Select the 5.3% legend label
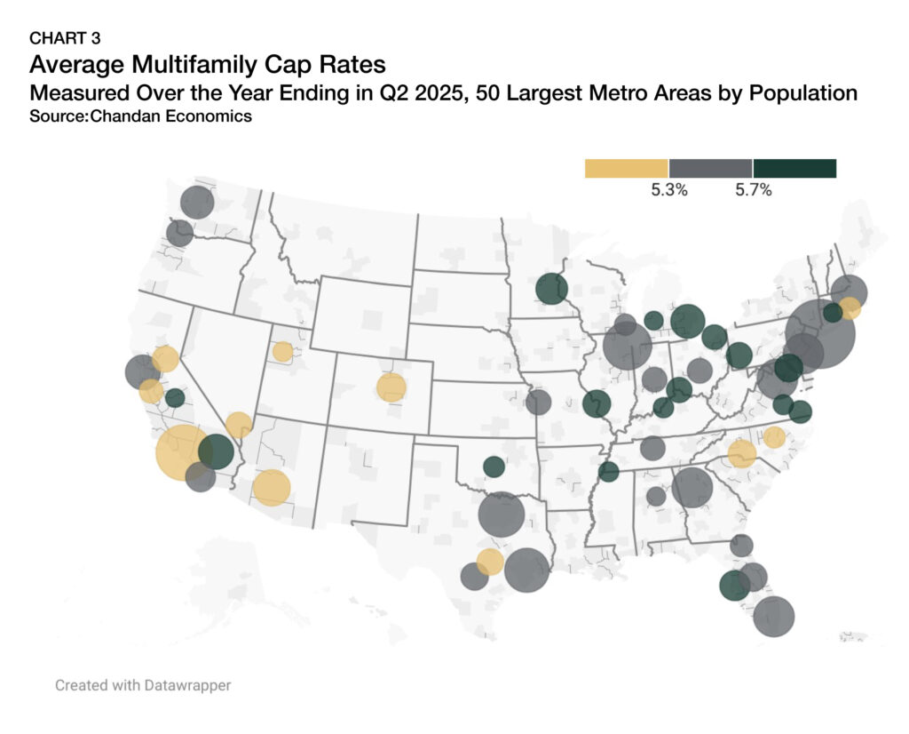click(x=669, y=190)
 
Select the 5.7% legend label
click(x=753, y=190)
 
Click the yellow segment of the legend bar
click(x=626, y=169)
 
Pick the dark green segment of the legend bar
click(x=794, y=169)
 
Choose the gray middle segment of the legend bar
click(x=710, y=169)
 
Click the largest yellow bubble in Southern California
click(x=184, y=452)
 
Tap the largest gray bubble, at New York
click(x=819, y=332)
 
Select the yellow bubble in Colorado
click(x=391, y=387)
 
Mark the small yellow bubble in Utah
click(x=282, y=352)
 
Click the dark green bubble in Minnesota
click(x=551, y=288)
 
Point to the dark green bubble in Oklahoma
click(x=494, y=467)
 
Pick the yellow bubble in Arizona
click(x=271, y=487)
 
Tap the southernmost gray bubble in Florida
click(x=773, y=616)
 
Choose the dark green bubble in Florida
click(x=734, y=586)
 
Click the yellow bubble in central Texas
click(x=489, y=562)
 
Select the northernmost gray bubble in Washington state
click(x=197, y=203)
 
